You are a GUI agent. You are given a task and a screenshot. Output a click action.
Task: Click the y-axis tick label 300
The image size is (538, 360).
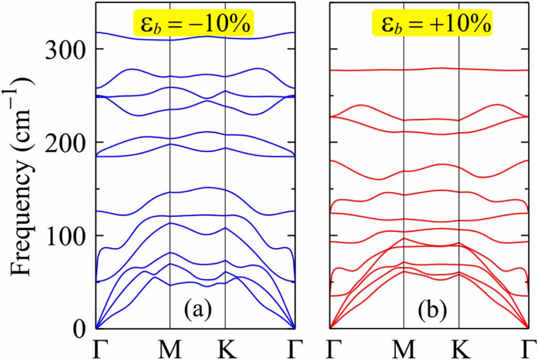pos(66,49)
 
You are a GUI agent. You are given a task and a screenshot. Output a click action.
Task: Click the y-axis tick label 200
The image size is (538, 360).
pos(66,142)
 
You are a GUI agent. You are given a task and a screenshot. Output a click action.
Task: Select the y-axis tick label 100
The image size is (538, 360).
pos(66,236)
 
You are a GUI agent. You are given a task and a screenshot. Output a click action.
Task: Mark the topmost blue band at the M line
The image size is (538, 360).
pos(170,39)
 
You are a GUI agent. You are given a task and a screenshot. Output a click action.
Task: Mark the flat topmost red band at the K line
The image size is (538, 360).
pos(459,69)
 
